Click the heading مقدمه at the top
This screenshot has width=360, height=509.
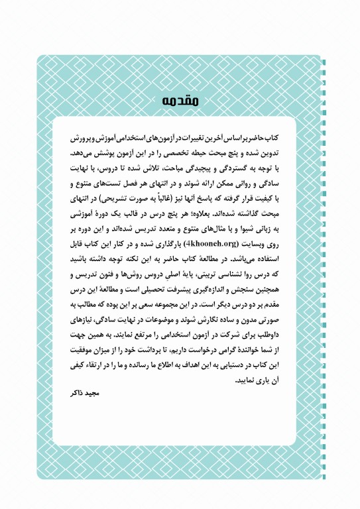click(180, 101)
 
